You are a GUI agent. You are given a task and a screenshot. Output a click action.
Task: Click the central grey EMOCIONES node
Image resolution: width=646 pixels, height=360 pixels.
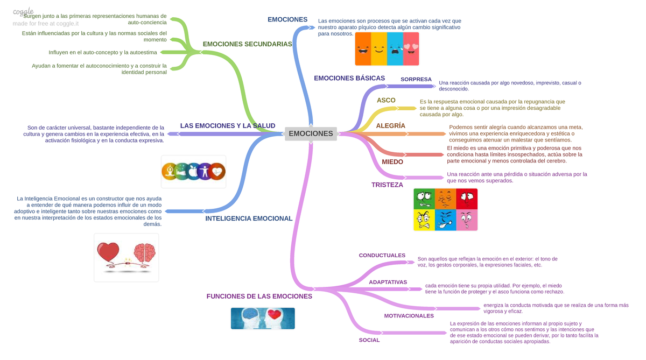pos(311,133)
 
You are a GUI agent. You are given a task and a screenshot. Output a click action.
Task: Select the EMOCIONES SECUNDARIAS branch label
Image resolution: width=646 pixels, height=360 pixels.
pos(247,44)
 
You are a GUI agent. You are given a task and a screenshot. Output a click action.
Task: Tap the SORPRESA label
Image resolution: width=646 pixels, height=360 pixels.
pos(416,79)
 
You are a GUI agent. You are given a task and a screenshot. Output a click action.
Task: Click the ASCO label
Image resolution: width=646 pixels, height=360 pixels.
pos(386,100)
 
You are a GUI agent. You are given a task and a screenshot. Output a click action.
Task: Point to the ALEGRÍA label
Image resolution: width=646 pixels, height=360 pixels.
pos(390,126)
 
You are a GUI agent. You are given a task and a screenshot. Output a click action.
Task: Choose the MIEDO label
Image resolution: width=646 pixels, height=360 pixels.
pos(392,161)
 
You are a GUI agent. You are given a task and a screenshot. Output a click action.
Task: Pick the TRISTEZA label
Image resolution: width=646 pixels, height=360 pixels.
pos(387,185)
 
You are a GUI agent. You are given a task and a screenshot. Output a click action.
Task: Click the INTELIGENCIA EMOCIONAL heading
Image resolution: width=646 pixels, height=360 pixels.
pos(249,218)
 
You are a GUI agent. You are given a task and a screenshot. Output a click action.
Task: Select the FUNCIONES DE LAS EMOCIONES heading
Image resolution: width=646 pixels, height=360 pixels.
pos(259,297)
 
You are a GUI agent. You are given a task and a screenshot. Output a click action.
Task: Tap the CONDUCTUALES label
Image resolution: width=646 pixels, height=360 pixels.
pos(382,256)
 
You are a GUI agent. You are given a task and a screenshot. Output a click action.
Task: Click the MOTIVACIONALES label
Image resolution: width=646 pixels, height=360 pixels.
pos(409,316)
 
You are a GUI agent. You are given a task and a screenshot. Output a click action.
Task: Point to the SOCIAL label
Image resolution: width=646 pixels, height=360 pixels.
pos(369,340)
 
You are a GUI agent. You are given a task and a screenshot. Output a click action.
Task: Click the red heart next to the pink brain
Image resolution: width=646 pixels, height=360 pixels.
pos(108,252)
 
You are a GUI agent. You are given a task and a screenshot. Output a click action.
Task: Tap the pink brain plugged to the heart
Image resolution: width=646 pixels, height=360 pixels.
pos(145,253)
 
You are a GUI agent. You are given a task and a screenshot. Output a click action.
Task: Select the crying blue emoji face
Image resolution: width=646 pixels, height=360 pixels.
pos(395,49)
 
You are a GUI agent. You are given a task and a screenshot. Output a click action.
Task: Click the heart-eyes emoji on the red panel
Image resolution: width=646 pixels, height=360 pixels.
pos(411,49)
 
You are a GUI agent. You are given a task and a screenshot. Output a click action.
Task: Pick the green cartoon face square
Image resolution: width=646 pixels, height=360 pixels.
pos(424,199)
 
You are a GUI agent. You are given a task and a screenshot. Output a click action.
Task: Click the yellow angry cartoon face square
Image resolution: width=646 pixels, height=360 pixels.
pos(424,220)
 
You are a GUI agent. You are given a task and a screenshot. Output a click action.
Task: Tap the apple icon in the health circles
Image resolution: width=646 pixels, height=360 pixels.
pos(193,172)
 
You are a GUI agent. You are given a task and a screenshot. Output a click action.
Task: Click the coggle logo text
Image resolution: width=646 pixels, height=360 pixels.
pos(23,12)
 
